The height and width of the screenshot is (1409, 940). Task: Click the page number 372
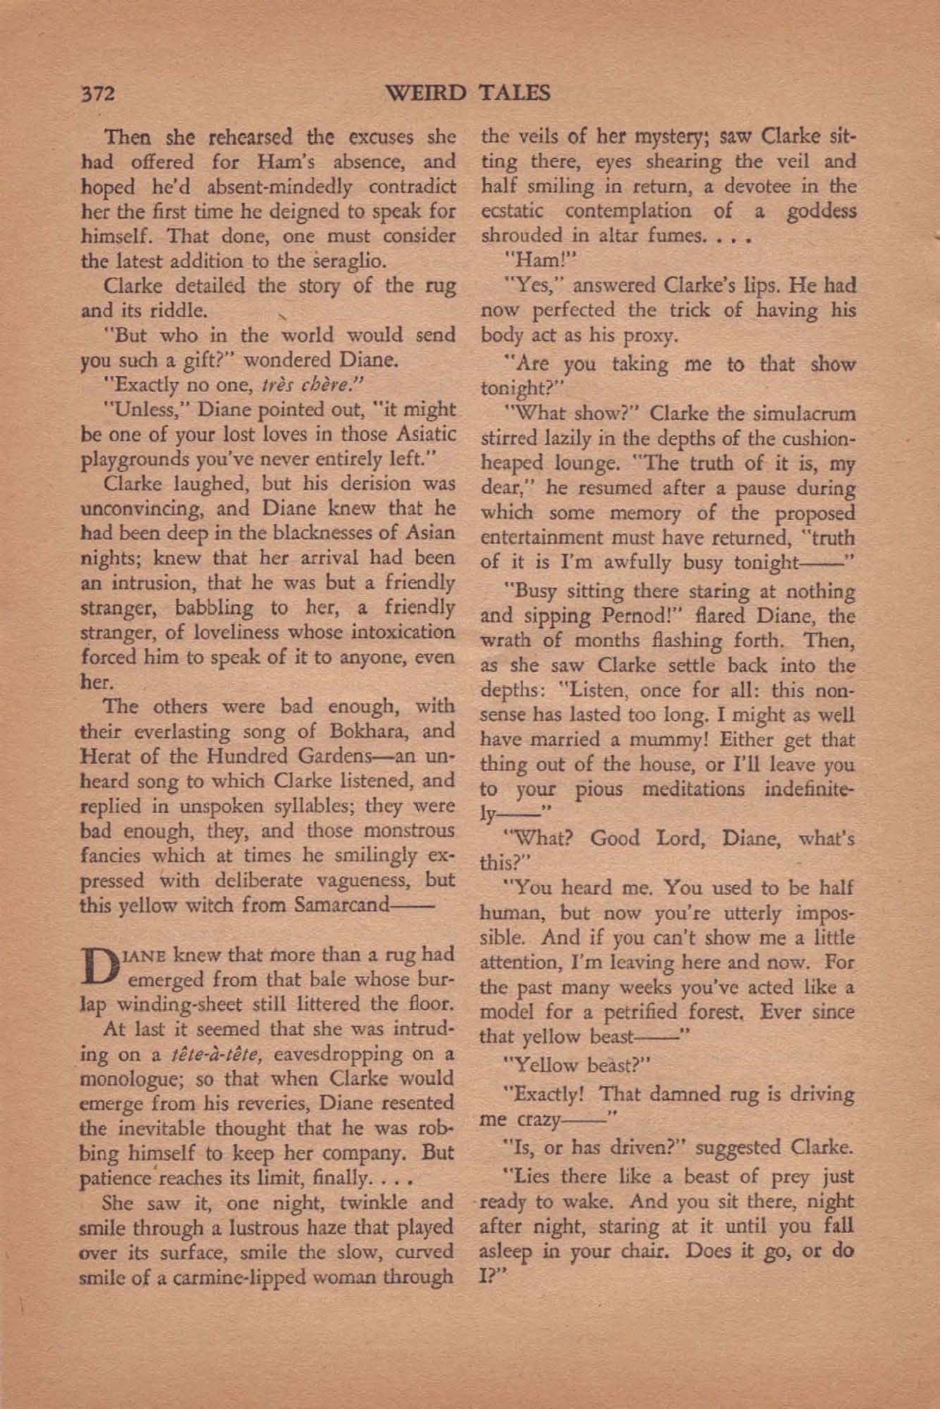(98, 94)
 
